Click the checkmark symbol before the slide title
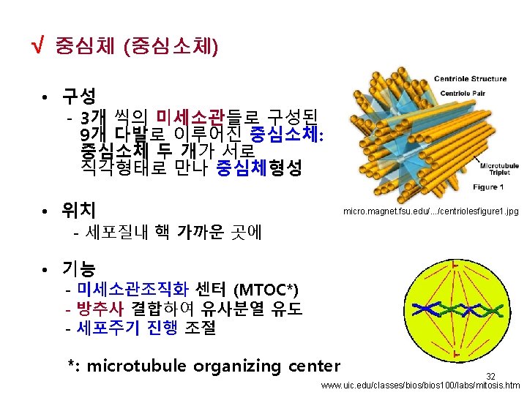coord(32,48)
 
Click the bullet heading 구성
coord(78,96)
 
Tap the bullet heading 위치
coord(78,211)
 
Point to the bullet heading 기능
coord(78,268)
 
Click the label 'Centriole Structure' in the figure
coord(470,78)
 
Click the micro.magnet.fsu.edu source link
coord(431,211)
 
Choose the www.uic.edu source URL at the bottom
coord(420,385)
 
